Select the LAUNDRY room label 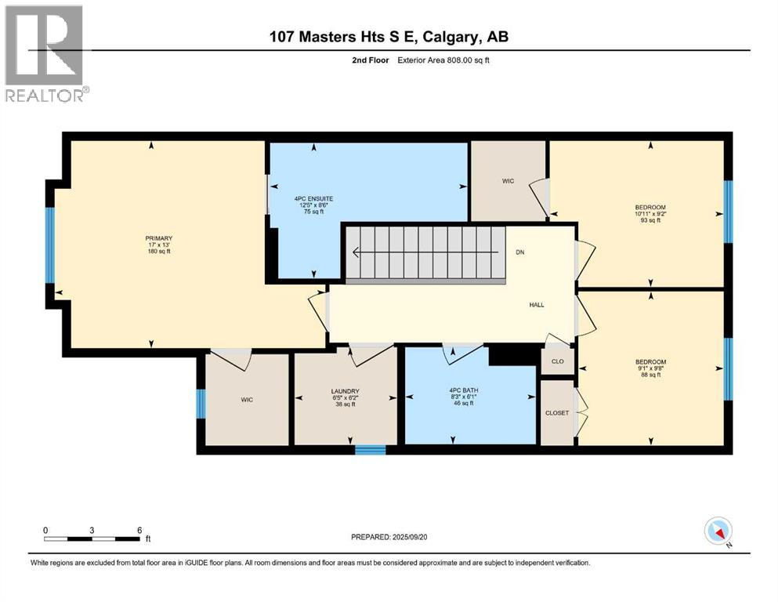(345, 391)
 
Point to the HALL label (537, 306)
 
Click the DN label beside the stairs (520, 252)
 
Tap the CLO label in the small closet (558, 362)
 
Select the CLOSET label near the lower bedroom (557, 412)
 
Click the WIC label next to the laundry (247, 400)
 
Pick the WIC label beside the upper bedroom (508, 181)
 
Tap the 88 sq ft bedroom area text (650, 375)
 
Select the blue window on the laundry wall (370, 450)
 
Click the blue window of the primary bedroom (50, 245)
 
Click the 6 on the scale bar (139, 530)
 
